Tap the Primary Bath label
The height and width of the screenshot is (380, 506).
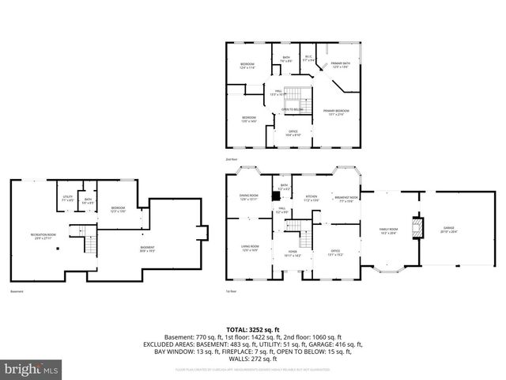(x=341, y=65)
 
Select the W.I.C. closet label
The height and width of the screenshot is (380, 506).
(x=310, y=58)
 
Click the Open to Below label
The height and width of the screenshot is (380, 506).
(x=292, y=109)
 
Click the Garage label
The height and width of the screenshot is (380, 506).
(x=449, y=231)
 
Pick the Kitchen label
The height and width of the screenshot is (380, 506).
(x=311, y=199)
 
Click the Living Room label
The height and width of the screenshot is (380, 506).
(x=250, y=249)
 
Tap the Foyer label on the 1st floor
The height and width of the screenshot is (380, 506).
(x=292, y=253)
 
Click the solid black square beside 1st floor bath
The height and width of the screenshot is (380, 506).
(x=275, y=195)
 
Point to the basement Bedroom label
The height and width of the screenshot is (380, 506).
(x=118, y=209)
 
